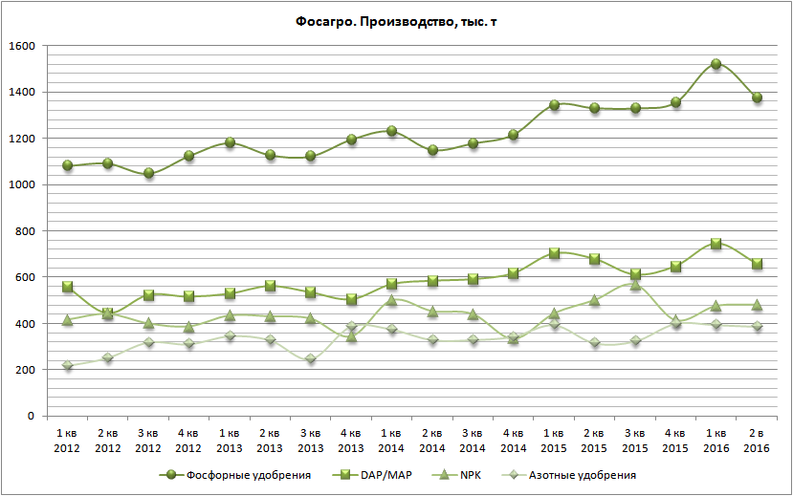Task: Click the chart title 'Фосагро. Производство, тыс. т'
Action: coord(396,22)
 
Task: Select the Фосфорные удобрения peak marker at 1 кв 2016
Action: coord(716,64)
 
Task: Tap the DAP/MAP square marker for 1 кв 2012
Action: coord(67,287)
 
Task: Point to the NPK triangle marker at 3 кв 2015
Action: coord(635,284)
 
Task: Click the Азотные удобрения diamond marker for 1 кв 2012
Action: coord(67,366)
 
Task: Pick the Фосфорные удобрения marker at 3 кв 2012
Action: coord(148,173)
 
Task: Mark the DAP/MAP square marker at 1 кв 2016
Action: coord(716,244)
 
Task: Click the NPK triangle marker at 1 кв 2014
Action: coord(391,300)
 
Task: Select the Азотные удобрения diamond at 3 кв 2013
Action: coord(310,359)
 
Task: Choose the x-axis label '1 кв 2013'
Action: coord(229,442)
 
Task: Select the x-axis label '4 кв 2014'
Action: coord(514,442)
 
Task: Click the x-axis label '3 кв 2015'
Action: coord(635,442)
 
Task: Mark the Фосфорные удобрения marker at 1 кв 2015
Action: coord(554,105)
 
